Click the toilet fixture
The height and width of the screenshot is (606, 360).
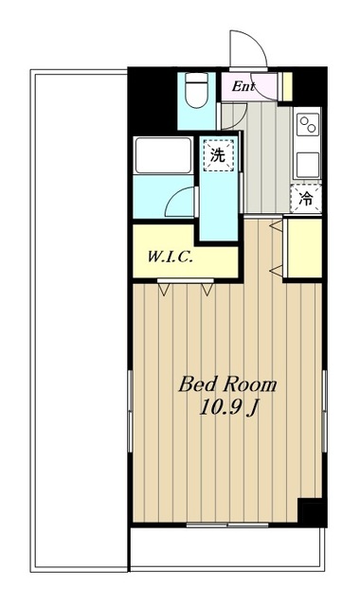196,90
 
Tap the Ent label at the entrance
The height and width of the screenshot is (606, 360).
243,86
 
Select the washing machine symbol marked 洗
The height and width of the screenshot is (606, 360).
219,155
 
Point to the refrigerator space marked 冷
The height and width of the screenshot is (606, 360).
306,199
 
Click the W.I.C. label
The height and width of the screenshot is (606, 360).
171,257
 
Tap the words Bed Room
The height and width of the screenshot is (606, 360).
227,385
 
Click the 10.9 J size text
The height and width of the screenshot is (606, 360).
228,407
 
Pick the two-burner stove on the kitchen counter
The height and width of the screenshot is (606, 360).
309,124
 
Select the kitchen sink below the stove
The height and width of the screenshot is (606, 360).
308,164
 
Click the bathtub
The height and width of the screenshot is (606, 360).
163,155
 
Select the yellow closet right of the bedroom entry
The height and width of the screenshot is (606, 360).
305,248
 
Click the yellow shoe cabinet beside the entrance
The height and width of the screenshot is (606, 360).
287,86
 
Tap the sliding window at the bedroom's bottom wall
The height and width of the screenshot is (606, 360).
227,525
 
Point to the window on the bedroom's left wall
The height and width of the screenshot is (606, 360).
130,412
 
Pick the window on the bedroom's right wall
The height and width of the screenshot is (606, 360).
325,412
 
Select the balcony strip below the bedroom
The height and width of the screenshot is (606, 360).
227,549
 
